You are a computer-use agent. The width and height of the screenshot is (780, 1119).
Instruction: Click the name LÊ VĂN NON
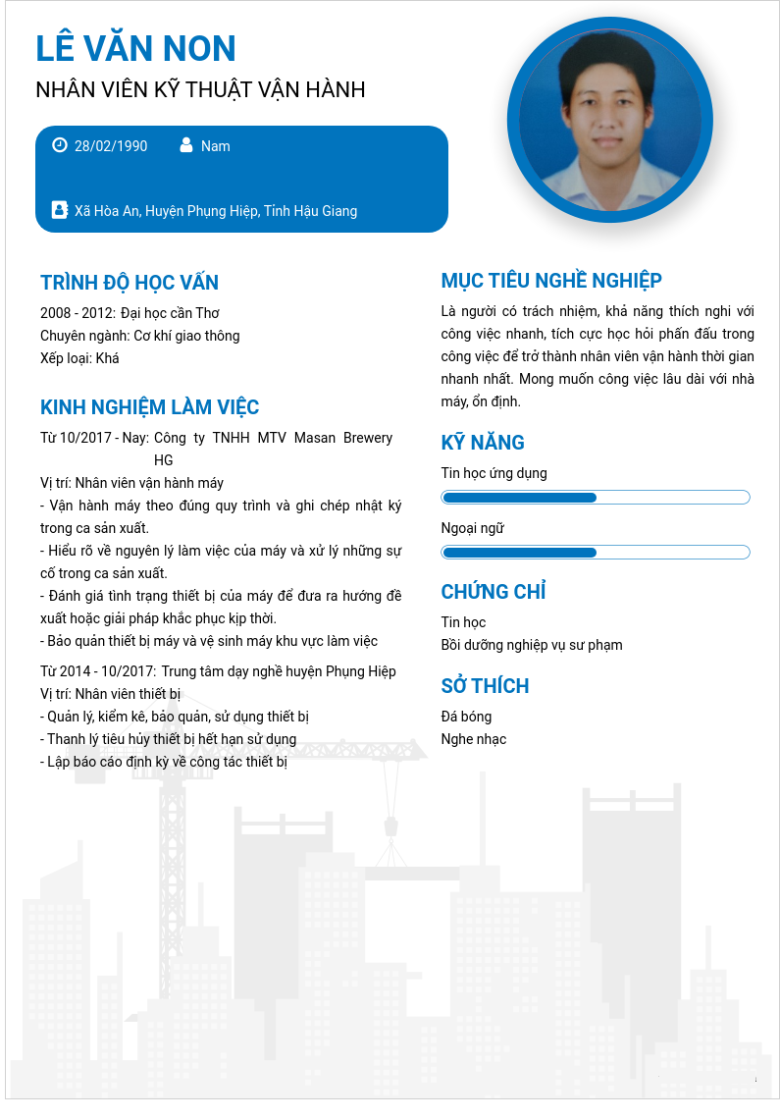click(135, 48)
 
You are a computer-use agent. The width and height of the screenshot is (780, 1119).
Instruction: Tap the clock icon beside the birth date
click(60, 145)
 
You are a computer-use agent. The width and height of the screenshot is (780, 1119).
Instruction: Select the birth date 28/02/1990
click(111, 146)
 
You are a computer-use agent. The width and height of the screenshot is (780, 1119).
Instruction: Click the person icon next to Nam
click(186, 145)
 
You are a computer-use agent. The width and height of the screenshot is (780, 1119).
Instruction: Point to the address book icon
click(59, 210)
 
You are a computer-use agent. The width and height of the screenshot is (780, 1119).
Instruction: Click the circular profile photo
click(610, 120)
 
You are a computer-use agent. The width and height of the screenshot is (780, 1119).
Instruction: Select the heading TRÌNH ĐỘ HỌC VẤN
click(130, 283)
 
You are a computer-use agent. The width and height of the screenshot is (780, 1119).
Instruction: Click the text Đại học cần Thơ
click(170, 313)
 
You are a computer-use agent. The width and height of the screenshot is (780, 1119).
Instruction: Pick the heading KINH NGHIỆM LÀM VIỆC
click(150, 407)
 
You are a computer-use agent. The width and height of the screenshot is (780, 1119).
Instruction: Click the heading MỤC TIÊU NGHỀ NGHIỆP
click(551, 281)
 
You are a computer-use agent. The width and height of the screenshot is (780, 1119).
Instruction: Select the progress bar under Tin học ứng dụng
click(596, 498)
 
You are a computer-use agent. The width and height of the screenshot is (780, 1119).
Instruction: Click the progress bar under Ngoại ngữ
click(596, 553)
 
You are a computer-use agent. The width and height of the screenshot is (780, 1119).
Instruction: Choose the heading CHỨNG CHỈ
click(494, 592)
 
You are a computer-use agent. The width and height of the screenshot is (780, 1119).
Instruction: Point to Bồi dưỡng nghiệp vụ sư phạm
click(532, 645)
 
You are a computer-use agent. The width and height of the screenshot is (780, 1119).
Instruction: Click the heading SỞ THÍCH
click(485, 686)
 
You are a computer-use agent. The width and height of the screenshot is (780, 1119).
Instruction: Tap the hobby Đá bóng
click(466, 717)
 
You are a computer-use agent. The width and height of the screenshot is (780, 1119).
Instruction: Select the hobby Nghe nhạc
click(474, 739)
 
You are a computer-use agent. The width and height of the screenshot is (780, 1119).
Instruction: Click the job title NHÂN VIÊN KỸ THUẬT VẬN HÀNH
click(200, 90)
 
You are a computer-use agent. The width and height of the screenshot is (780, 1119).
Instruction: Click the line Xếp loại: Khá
click(79, 358)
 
